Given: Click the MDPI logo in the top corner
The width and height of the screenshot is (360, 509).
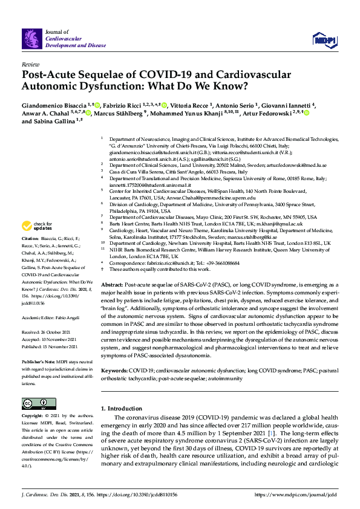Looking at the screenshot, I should coord(323,39).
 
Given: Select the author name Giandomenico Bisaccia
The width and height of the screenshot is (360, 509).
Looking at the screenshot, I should coord(53,105).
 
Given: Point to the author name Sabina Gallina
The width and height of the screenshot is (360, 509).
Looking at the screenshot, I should coord(53,122).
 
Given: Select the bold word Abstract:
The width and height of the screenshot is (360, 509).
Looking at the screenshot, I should coord(112,284).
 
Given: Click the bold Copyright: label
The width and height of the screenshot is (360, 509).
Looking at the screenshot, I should coord(34,417).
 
